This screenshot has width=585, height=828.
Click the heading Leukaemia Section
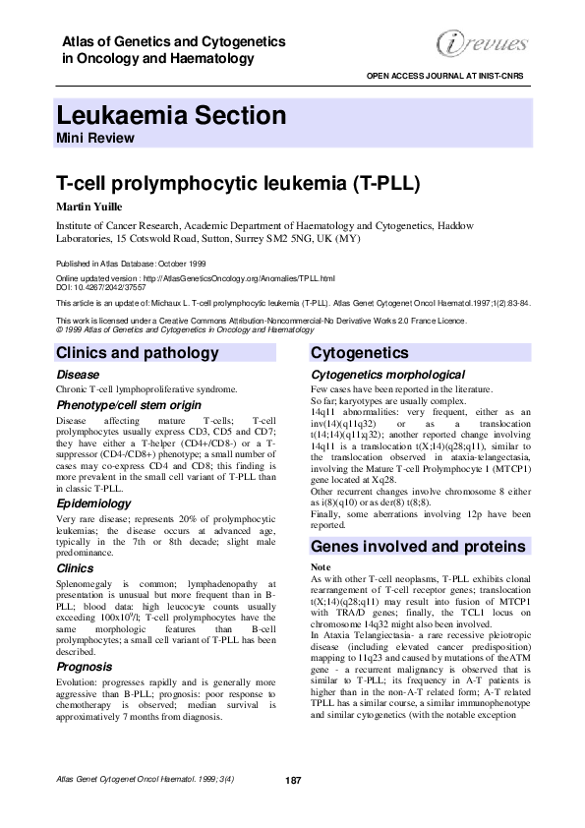(171, 116)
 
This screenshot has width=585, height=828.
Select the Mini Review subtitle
(95, 139)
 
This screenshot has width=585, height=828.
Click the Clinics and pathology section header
(151, 353)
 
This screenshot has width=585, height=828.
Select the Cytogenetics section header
(359, 353)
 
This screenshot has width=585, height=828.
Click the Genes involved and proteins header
(419, 546)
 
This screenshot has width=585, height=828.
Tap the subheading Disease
(78, 375)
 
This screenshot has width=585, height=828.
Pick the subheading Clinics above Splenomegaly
(75, 568)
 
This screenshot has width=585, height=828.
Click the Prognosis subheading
(85, 667)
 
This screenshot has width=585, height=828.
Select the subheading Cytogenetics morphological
(387, 375)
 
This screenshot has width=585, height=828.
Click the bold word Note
(321, 568)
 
